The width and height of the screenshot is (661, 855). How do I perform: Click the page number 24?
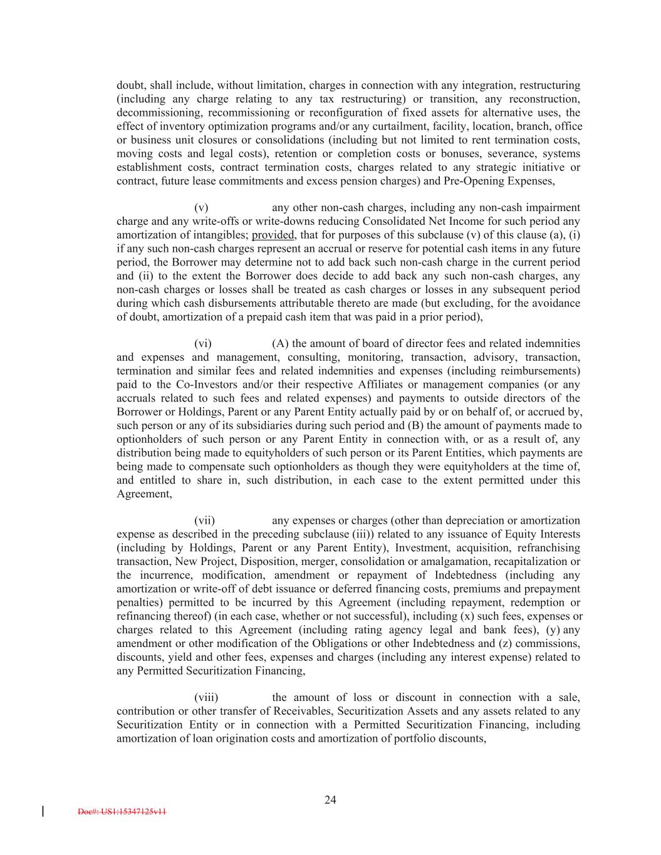[x=330, y=799]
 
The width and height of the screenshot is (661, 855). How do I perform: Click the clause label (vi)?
[x=203, y=343]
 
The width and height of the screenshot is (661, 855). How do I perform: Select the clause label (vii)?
[x=204, y=521]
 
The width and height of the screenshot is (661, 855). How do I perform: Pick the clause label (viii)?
[x=206, y=697]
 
